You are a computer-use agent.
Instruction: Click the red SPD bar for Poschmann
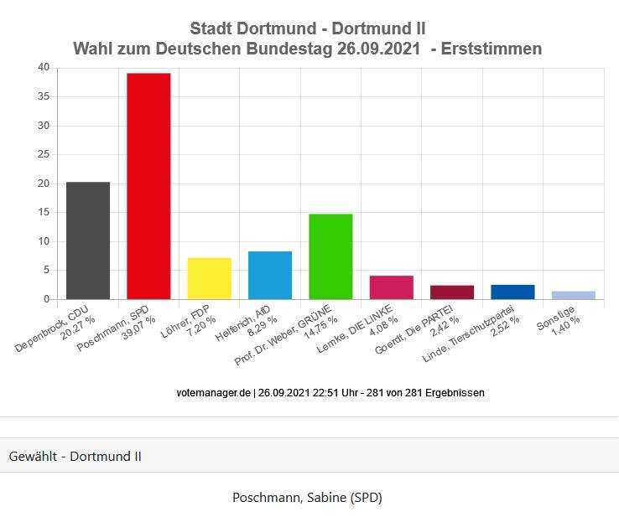click(x=148, y=186)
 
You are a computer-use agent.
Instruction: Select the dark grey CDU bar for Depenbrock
click(x=88, y=240)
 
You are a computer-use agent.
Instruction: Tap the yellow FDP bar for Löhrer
click(x=209, y=278)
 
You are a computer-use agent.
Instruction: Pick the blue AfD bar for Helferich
click(x=270, y=275)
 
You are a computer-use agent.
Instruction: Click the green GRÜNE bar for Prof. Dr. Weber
click(x=330, y=256)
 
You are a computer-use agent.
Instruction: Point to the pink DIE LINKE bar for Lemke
click(x=392, y=287)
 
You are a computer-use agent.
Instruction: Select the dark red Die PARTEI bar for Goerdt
click(x=452, y=292)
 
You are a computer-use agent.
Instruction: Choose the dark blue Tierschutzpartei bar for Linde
click(x=512, y=292)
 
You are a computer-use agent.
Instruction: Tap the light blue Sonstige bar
click(x=574, y=295)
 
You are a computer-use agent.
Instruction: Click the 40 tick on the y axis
click(x=44, y=68)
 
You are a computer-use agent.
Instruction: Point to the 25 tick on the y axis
click(x=44, y=155)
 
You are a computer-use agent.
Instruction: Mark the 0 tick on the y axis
click(x=46, y=299)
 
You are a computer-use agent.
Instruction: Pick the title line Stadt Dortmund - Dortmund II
click(x=308, y=29)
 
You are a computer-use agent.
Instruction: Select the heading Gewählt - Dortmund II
click(x=75, y=457)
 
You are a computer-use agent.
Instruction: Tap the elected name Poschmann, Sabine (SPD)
click(x=307, y=498)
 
